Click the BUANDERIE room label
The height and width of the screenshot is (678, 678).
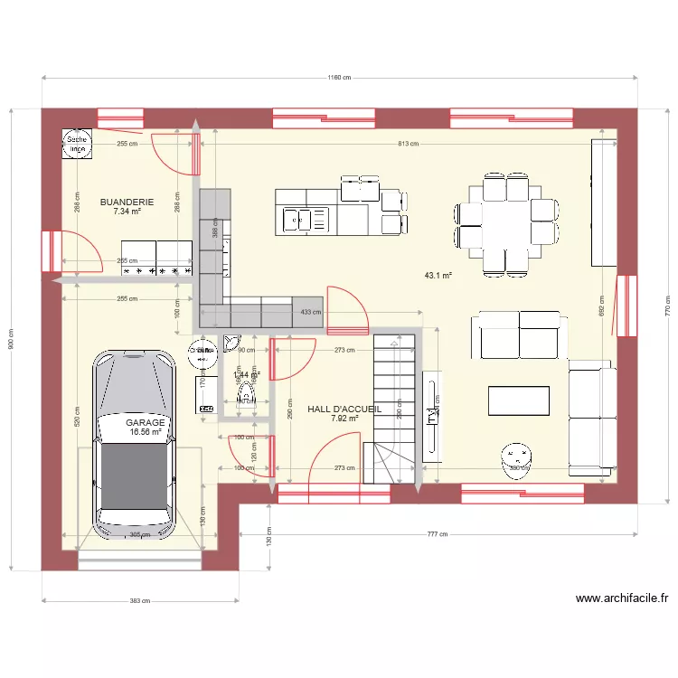(127, 202)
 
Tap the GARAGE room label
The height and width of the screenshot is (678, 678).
(145, 422)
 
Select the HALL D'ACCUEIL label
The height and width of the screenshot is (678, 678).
(344, 409)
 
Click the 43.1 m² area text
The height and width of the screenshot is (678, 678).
(438, 276)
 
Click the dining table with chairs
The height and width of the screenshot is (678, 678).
(505, 223)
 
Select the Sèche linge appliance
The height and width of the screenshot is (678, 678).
(77, 144)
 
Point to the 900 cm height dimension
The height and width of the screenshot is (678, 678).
(11, 339)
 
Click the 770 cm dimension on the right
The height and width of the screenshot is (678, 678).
(667, 306)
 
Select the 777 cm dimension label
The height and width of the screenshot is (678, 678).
(438, 534)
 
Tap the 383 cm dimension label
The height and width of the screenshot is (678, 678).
(139, 600)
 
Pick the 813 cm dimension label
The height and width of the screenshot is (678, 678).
(409, 144)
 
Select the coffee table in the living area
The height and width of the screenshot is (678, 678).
(519, 400)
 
